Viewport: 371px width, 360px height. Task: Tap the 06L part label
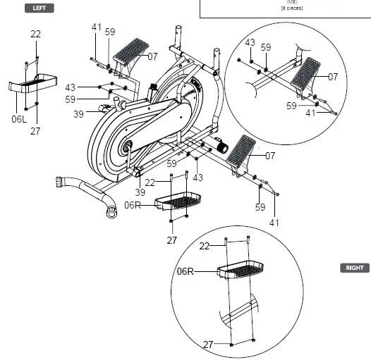click(x=18, y=119)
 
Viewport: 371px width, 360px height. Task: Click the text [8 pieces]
click(x=292, y=8)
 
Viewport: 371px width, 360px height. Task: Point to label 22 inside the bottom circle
click(x=205, y=245)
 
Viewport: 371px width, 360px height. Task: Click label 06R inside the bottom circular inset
click(x=185, y=270)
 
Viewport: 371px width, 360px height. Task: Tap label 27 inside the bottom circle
click(x=208, y=345)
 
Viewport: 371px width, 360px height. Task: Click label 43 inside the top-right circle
click(x=250, y=43)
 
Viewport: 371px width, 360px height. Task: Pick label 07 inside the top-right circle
click(x=333, y=76)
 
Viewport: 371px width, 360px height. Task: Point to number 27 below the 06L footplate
click(x=35, y=130)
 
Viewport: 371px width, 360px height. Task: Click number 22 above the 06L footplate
click(x=35, y=34)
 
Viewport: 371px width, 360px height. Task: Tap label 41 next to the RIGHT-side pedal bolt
click(x=274, y=223)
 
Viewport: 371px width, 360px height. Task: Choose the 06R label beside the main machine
click(x=132, y=205)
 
